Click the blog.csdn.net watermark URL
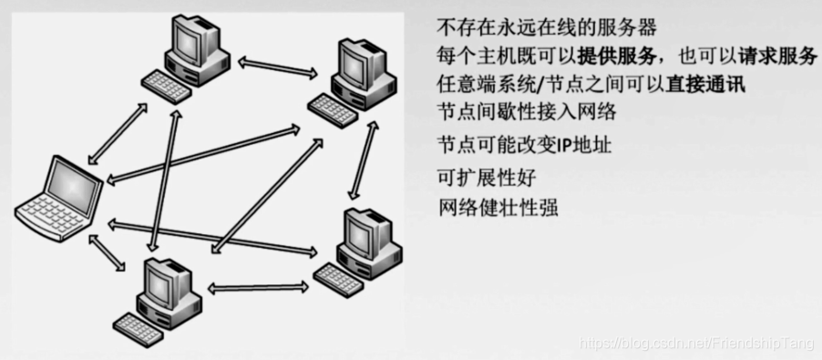click(x=696, y=342)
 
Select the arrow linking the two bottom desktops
click(x=254, y=287)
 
